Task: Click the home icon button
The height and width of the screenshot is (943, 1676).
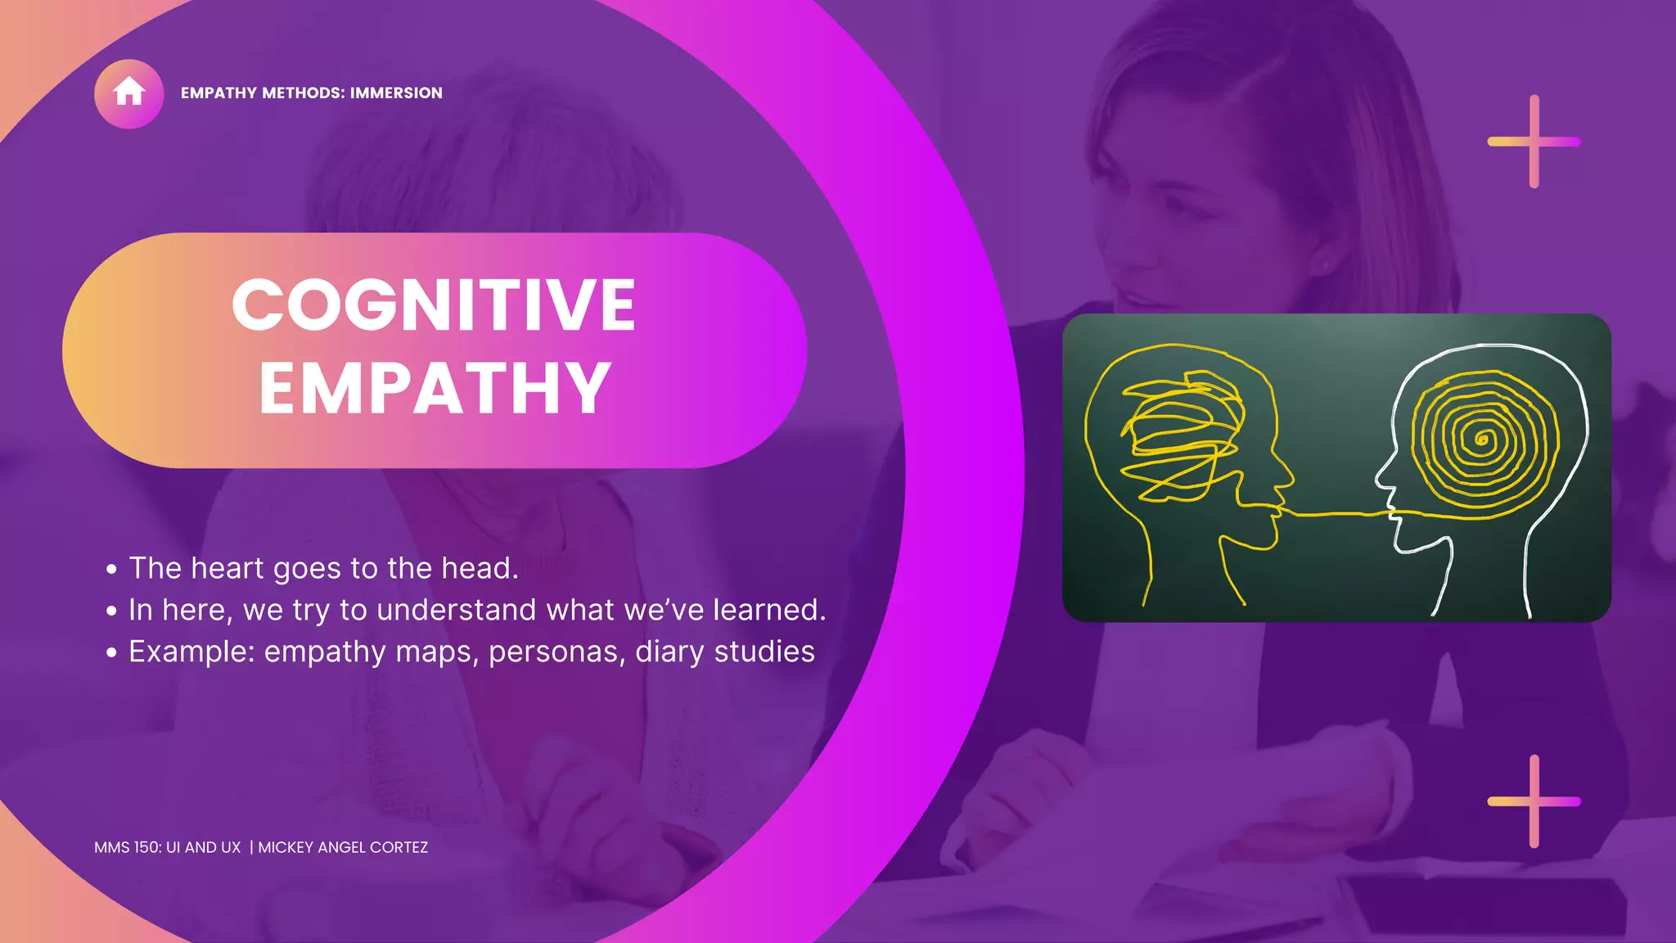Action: pos(128,93)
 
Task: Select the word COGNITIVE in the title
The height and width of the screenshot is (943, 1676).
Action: pos(434,305)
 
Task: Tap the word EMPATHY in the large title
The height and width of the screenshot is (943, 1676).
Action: pos(435,389)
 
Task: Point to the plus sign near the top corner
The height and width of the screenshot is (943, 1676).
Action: pos(1534,142)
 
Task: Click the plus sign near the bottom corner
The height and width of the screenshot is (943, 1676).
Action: pos(1534,801)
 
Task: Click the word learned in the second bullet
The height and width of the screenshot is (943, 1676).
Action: pos(767,610)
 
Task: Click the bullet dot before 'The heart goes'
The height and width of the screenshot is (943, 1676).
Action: pos(111,569)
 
